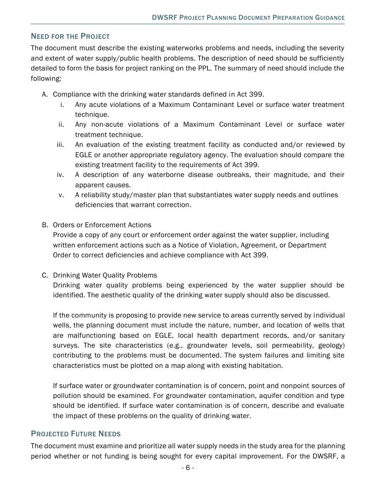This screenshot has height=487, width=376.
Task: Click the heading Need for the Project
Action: point(70,36)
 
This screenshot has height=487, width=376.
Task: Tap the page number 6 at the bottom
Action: point(188,468)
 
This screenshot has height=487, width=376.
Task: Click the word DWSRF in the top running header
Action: point(164,18)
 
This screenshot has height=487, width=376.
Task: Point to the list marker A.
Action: point(45,95)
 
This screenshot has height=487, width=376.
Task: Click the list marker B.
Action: point(45,225)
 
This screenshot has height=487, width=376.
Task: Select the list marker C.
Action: point(45,276)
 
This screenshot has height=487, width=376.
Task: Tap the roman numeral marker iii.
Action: point(60,145)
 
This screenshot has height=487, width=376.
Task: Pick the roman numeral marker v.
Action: point(61,195)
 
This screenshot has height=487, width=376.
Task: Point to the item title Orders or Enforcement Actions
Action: point(102,225)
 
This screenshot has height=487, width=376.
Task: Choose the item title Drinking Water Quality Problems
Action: point(105,276)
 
